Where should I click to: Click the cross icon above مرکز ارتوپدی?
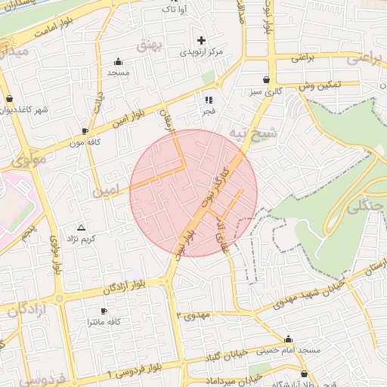[x=201, y=40]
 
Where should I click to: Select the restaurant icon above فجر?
[x=209, y=99]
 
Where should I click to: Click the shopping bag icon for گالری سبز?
[x=266, y=79]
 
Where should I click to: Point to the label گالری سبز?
[x=268, y=91]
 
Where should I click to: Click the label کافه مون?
[x=85, y=141]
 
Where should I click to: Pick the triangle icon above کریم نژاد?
[x=82, y=227]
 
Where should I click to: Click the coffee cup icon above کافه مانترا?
[x=104, y=311]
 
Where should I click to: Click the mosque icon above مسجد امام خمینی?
[x=288, y=339]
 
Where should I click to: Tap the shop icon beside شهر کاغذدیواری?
[x=8, y=99]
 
